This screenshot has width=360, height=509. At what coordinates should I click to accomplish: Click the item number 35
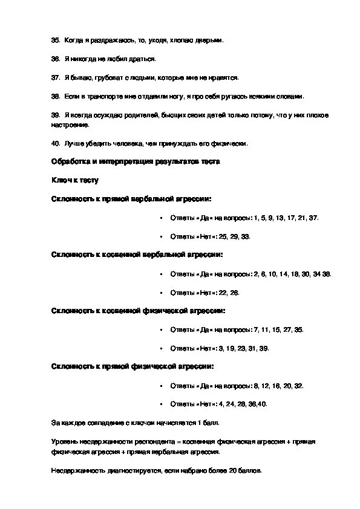point(55,40)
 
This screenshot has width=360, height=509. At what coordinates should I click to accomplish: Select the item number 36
point(55,59)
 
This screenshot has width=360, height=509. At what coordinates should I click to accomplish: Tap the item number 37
point(55,77)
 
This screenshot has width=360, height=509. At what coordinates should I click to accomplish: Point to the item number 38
point(55,96)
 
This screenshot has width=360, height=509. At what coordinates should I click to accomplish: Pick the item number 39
point(55,115)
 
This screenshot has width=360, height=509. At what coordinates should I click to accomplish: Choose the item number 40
point(55,143)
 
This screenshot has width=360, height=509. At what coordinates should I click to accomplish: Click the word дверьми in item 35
point(209,40)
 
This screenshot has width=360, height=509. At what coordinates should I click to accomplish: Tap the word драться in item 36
point(142,59)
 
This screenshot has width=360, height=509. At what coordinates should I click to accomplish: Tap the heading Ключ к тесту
point(74,180)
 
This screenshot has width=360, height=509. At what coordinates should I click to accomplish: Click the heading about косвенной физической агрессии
point(138,311)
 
